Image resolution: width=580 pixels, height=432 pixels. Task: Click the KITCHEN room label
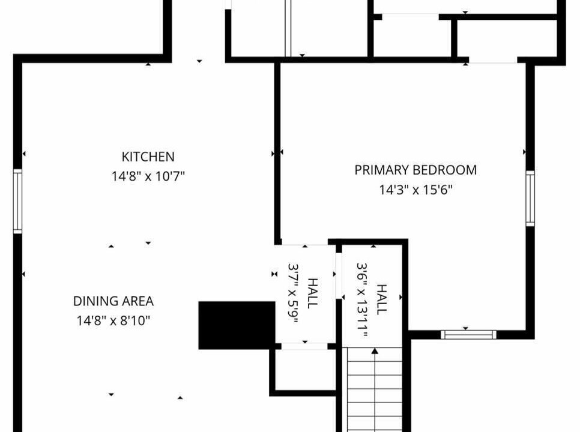click(x=148, y=157)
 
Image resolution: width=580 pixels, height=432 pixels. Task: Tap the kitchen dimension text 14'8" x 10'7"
click(x=148, y=176)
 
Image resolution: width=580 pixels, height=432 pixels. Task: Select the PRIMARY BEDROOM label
click(x=415, y=170)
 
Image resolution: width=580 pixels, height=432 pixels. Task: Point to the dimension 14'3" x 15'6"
click(x=415, y=190)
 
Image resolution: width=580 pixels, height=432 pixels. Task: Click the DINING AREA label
click(x=113, y=301)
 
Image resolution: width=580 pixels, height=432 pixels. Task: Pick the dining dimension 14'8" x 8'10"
click(x=113, y=320)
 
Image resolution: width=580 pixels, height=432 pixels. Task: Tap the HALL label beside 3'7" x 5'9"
click(x=313, y=293)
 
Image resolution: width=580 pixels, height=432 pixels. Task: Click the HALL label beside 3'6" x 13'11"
click(x=381, y=299)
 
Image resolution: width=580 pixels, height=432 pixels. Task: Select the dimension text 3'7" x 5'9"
click(x=293, y=293)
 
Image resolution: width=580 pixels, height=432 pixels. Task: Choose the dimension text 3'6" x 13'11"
click(x=362, y=300)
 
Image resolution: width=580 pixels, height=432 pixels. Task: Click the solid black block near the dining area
click(x=237, y=325)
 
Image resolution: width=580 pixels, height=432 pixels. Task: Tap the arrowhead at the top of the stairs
click(x=375, y=350)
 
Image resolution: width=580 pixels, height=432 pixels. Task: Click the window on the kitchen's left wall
click(x=17, y=201)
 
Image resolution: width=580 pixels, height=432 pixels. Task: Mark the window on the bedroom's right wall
click(x=530, y=198)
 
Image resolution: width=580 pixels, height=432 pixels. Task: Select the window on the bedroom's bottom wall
click(x=468, y=335)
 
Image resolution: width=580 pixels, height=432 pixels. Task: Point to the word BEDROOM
click(x=445, y=170)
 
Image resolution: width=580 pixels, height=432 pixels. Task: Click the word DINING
click(x=93, y=301)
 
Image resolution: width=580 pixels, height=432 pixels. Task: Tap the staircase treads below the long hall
click(x=375, y=390)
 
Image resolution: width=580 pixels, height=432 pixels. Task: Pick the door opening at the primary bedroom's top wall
click(x=493, y=60)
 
